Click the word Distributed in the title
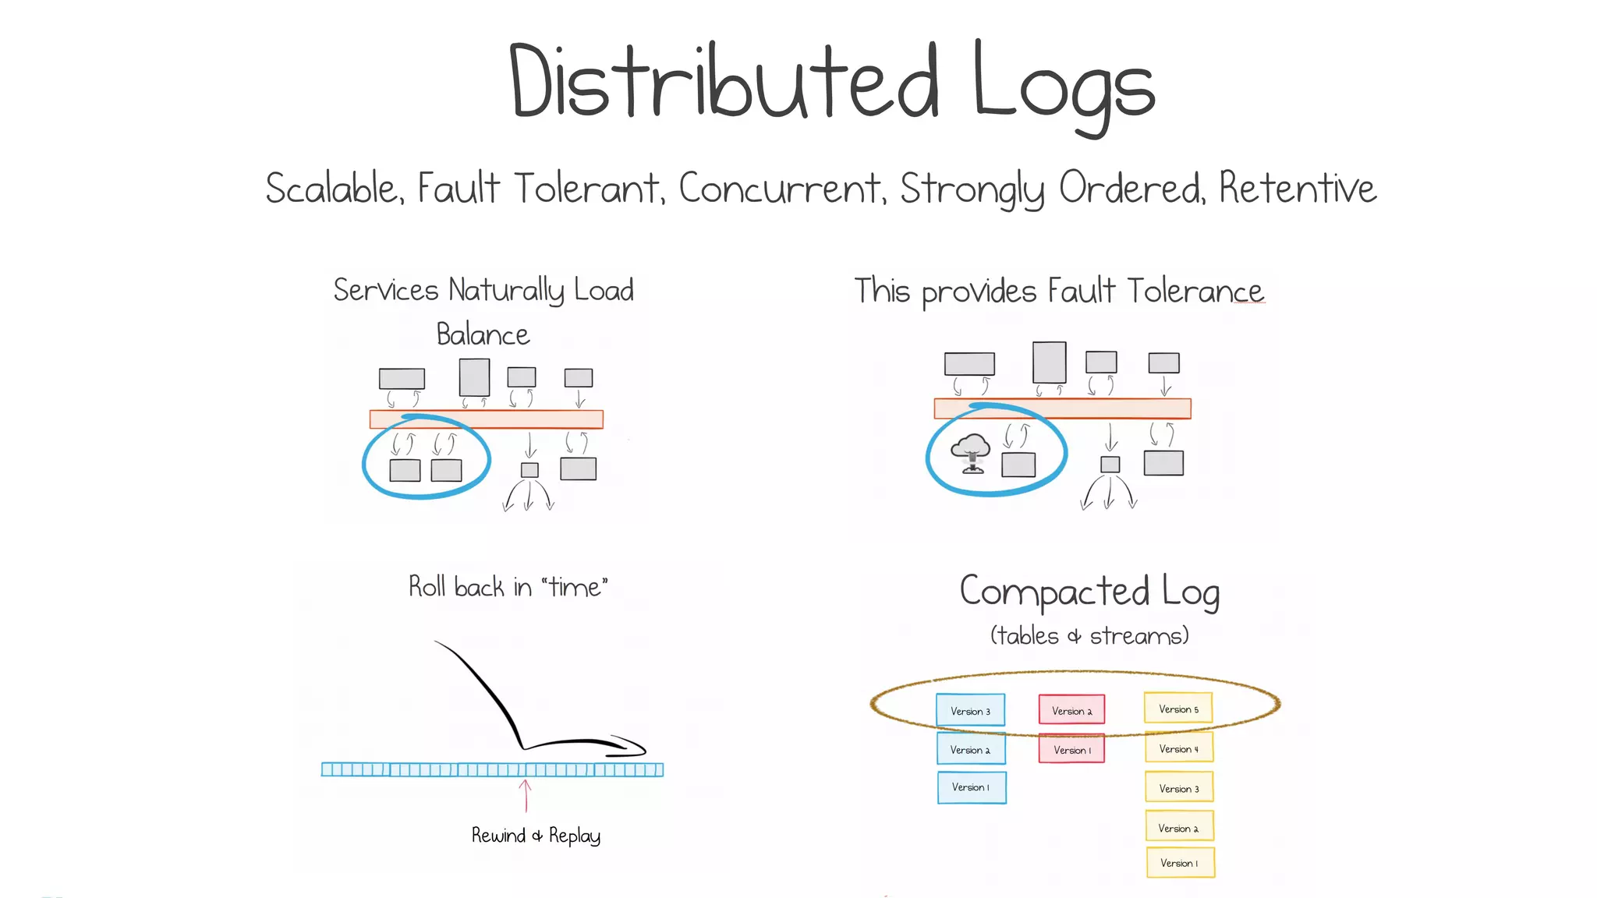pos(724,82)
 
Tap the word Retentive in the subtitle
pos(1298,188)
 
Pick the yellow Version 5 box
pos(1178,709)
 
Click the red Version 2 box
pos(1071,710)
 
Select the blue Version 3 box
pos(970,710)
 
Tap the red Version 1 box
pos(1071,749)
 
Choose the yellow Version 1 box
pos(1180,863)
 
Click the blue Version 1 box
pos(972,787)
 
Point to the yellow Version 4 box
pos(1179,748)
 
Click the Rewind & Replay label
pos(536,836)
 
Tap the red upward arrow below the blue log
pos(526,796)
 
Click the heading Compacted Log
pos(1089,592)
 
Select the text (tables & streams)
pos(1089,636)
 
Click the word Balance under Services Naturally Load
pos(483,335)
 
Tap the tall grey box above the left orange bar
pos(474,377)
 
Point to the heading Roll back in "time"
pos(508,587)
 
